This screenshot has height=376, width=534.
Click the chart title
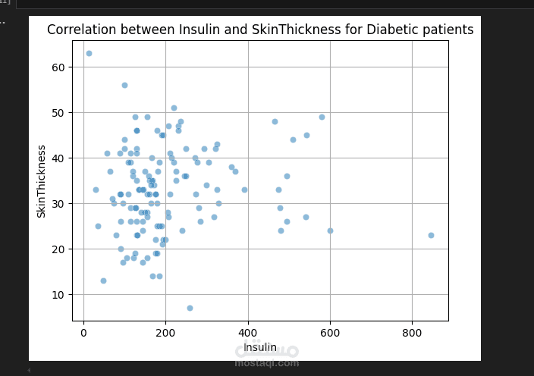coord(260,30)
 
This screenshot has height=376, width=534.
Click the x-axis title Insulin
coord(260,347)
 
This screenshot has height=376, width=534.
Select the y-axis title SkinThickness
coord(42,181)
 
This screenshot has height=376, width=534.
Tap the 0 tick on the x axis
coord(83,331)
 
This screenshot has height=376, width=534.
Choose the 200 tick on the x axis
coord(165,331)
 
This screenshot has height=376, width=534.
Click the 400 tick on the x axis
coord(247,331)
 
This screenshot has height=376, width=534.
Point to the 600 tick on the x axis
coord(330,331)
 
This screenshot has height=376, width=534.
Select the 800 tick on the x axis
coord(412,331)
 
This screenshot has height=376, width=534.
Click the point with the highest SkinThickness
coord(89,53)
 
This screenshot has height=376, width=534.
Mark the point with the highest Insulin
coord(431,235)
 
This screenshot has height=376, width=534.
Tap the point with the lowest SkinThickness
coord(190,308)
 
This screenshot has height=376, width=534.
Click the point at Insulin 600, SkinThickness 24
coord(330,230)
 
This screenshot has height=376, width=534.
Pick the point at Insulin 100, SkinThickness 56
coord(124,85)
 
